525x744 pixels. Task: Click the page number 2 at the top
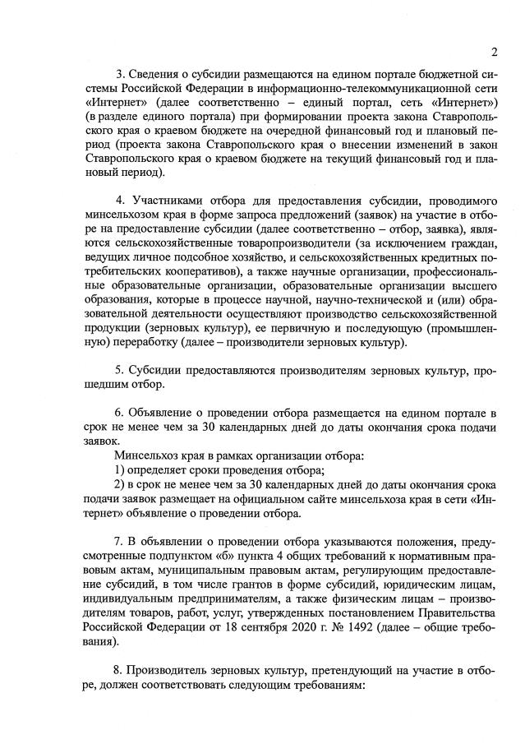coord(495,53)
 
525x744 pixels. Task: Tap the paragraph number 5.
coord(120,375)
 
